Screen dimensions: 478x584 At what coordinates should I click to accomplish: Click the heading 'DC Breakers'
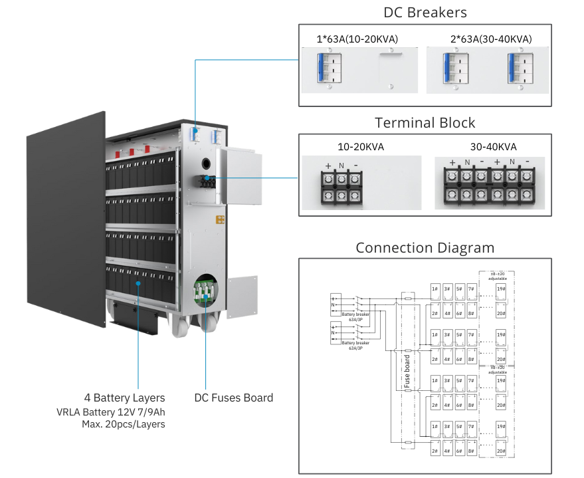(x=425, y=13)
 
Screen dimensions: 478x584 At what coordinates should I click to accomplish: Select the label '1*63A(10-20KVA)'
(x=357, y=39)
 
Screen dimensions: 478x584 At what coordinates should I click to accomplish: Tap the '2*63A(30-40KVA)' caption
(x=491, y=39)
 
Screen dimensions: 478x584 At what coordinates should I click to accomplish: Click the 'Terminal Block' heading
(x=425, y=123)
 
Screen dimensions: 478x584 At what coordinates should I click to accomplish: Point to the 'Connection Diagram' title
(x=425, y=248)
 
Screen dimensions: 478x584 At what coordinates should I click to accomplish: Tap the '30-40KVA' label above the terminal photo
(x=492, y=147)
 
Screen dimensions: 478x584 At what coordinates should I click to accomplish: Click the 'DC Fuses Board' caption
(x=233, y=398)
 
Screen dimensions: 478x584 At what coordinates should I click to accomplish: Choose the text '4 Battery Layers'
(x=125, y=398)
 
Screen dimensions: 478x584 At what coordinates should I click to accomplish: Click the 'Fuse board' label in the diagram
(x=408, y=370)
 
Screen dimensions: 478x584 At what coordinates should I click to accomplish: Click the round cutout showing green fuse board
(x=206, y=291)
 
